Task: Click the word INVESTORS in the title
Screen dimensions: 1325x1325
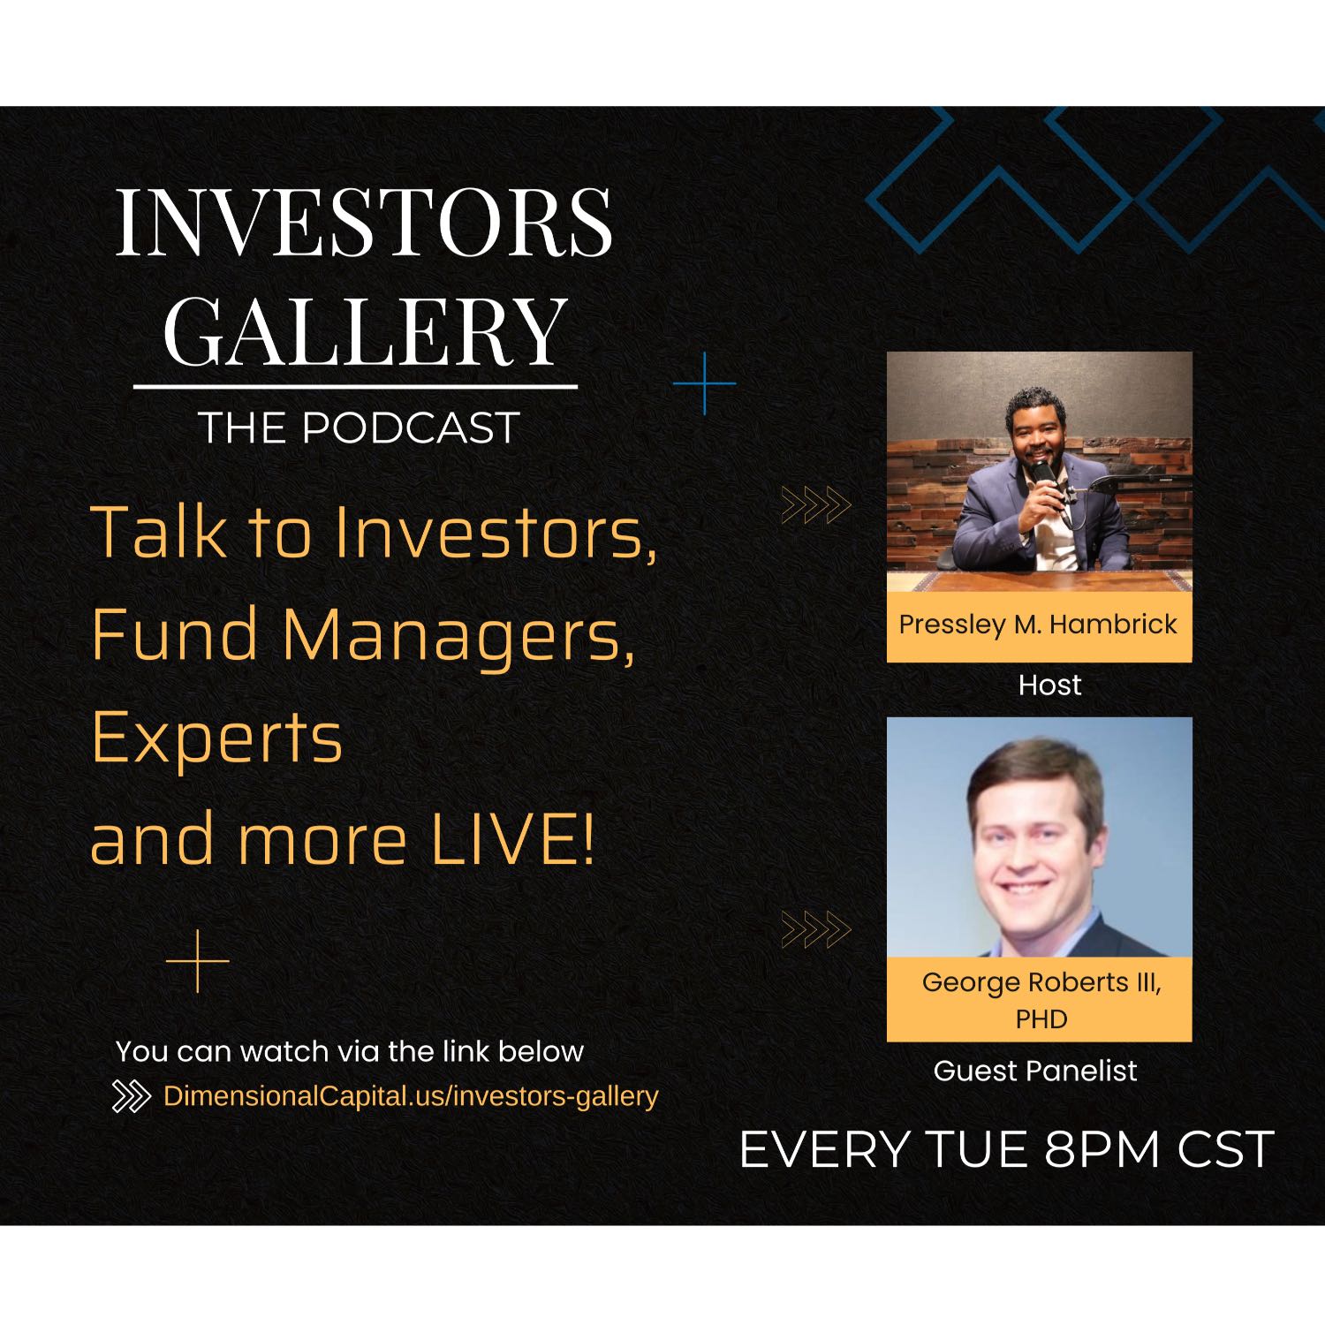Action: click(x=363, y=221)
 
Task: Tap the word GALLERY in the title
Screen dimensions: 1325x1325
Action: click(x=365, y=330)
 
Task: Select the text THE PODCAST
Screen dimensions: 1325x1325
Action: click(x=358, y=428)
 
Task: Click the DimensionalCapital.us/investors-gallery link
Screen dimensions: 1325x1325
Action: click(x=411, y=1096)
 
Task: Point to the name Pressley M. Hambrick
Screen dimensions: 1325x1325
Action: click(x=1038, y=625)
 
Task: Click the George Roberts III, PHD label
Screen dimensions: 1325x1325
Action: click(x=1041, y=1000)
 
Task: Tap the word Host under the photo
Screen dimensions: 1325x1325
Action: click(x=1049, y=685)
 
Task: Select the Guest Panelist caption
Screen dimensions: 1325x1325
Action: click(x=1035, y=1071)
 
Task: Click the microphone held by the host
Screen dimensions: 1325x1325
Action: click(x=1045, y=474)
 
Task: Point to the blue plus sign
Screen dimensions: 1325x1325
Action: click(x=705, y=383)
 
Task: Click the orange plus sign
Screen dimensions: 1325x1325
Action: click(x=198, y=961)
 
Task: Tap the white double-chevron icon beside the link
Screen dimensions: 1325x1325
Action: click(x=132, y=1097)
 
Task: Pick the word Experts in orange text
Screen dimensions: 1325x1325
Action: click(x=216, y=740)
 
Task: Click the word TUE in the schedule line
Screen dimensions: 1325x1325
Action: click(x=975, y=1149)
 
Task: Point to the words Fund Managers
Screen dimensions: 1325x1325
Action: click(x=363, y=634)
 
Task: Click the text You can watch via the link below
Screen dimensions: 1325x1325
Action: click(x=350, y=1051)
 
